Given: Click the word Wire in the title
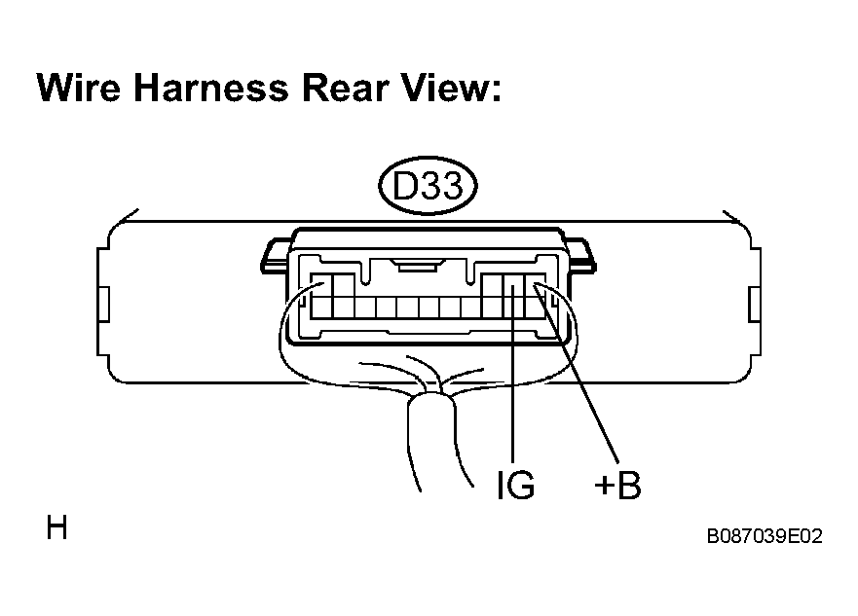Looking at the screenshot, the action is tap(79, 88).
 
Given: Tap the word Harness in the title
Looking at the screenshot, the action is tap(210, 88).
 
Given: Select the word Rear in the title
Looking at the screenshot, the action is tap(344, 88).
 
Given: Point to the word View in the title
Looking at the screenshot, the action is tap(444, 88).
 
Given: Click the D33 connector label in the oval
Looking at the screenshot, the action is tap(428, 185).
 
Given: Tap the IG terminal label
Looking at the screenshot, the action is tap(515, 485).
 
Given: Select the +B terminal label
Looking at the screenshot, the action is tap(617, 485).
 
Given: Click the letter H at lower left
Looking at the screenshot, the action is tap(56, 527).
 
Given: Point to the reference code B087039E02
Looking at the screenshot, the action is tap(765, 536).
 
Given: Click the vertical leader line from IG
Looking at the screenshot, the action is tap(513, 375).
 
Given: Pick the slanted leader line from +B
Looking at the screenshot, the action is tap(577, 374).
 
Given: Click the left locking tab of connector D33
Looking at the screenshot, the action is tap(275, 256).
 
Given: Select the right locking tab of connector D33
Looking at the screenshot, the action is tap(581, 256).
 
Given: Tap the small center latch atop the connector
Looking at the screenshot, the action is tap(418, 267).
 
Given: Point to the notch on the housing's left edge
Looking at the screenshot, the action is tap(103, 304).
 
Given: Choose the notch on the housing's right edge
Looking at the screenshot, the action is tap(755, 304).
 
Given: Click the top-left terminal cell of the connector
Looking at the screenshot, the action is tap(321, 285).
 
